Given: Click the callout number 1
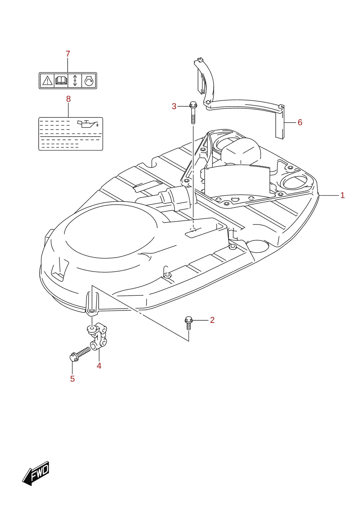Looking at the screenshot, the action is pos(342,195).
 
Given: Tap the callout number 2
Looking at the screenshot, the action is pos(212,320).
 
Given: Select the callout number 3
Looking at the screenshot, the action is pos(174,106).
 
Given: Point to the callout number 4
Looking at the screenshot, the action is pos(99,366).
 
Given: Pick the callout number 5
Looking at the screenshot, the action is pos(72,379).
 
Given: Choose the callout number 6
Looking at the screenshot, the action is pos(300,123).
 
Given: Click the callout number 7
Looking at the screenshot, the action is pos(68,54).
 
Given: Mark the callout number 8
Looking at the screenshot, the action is pos(68,99).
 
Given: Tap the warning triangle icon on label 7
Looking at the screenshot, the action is pos(47,81).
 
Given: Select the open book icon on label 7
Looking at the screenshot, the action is pos(61,81).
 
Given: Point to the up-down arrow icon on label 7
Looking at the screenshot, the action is pos(75,81).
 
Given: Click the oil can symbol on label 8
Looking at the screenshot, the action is pos(88,124).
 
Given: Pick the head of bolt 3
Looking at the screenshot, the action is pos(193,104).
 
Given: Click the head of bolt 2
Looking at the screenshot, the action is pos(189,320).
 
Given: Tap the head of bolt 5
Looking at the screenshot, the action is pos(73,358).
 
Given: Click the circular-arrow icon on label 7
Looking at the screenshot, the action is pos(89,81).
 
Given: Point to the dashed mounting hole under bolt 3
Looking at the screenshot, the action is pos(193,229).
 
